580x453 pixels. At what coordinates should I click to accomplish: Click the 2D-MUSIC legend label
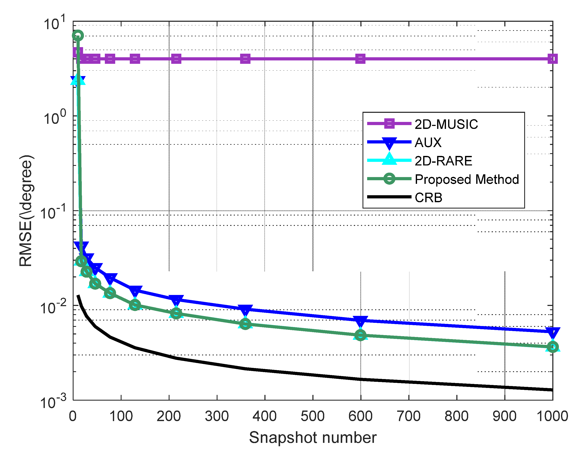pos(446,124)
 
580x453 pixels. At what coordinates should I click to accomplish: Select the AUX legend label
pos(428,143)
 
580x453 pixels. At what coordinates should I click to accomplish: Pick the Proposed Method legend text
pos(467,179)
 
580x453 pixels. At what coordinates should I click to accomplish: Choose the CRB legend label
pos(428,198)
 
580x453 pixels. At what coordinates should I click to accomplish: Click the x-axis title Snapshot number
pos(313,437)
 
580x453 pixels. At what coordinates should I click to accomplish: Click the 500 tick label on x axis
pos(313,416)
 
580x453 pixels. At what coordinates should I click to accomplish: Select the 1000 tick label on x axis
pos(552,416)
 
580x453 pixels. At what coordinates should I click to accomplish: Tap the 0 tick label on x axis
pos(73,416)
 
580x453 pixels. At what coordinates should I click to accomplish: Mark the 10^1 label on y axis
pos(55,23)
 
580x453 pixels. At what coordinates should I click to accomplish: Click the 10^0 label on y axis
pos(55,118)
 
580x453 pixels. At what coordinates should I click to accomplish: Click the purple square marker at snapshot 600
pos(360,59)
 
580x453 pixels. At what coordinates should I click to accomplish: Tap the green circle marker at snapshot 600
pos(360,335)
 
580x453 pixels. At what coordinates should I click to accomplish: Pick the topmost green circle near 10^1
pos(78,35)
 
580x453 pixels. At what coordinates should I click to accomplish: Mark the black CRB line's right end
pos(552,390)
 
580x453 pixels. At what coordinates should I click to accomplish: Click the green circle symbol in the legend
pos(389,179)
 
